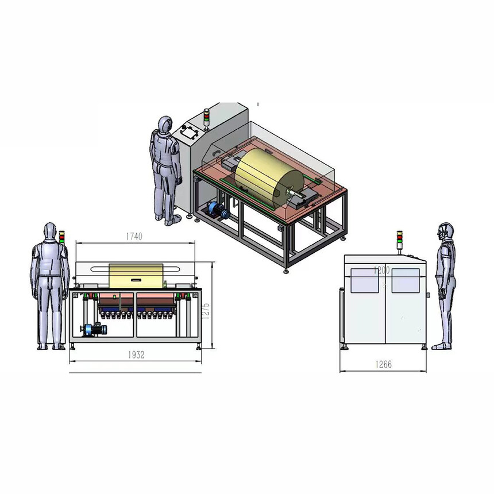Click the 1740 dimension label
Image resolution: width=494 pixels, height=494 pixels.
[134, 236]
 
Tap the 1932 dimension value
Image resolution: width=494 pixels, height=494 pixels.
[136, 355]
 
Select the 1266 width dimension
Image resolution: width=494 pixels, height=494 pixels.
[383, 365]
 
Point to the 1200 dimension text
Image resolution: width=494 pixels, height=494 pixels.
[381, 270]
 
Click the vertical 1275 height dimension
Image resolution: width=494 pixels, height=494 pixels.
[206, 311]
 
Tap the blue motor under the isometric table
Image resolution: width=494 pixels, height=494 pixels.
[217, 210]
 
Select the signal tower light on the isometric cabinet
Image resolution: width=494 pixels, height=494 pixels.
[206, 119]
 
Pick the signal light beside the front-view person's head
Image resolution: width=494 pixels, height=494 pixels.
[62, 237]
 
